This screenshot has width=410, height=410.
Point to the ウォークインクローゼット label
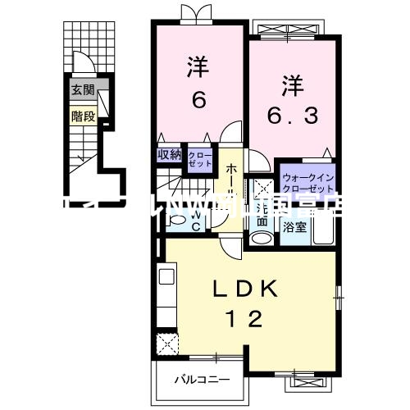tap(307, 182)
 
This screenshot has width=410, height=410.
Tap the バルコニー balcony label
tap(201, 380)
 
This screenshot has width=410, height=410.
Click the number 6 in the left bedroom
tap(198, 99)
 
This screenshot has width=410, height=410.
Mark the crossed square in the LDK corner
tap(168, 342)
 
